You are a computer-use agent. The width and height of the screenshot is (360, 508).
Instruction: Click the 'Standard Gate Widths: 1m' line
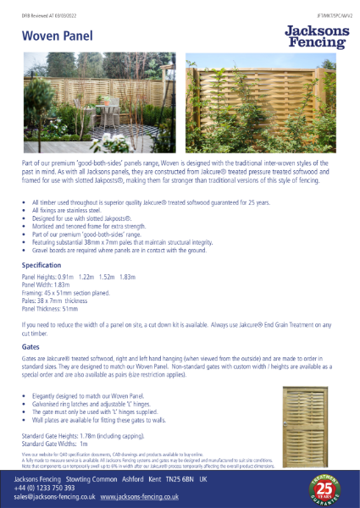point(54,444)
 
